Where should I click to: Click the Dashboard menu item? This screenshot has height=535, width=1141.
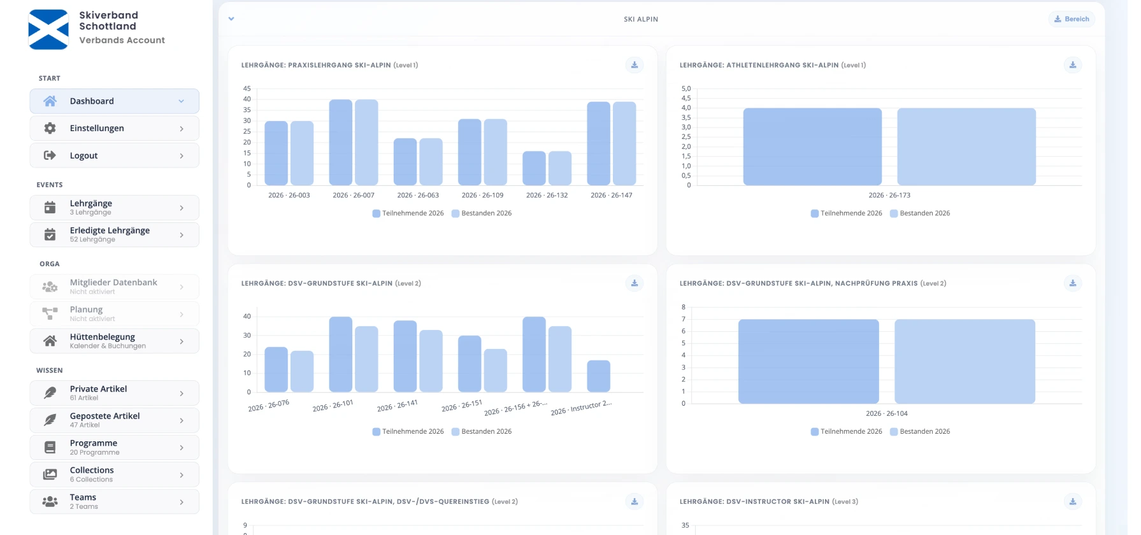click(x=114, y=101)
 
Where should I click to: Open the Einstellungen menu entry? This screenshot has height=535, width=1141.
click(x=114, y=128)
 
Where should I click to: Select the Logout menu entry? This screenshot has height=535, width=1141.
click(x=114, y=155)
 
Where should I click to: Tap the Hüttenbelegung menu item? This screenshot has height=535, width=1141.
click(x=114, y=341)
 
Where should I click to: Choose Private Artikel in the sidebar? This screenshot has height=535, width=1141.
click(x=114, y=393)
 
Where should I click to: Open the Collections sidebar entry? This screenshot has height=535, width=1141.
click(x=114, y=474)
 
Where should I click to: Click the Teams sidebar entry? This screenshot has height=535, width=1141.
click(x=114, y=501)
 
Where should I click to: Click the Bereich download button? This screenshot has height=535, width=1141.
click(x=1072, y=19)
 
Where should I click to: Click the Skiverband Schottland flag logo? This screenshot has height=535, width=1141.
click(x=48, y=29)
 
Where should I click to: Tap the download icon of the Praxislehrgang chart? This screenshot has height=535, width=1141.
click(x=635, y=65)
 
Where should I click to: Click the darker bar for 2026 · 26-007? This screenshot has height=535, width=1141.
click(x=341, y=143)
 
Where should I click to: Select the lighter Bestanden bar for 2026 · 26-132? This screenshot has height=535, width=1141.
click(x=560, y=168)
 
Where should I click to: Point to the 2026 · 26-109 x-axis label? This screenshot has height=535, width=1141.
click(x=483, y=196)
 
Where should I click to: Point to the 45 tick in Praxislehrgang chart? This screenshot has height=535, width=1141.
click(x=247, y=89)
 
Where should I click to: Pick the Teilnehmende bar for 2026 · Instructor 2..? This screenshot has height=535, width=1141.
click(x=599, y=376)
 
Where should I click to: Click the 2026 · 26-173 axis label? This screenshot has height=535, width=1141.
click(x=889, y=196)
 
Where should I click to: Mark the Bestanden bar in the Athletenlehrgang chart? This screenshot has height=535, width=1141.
click(x=966, y=147)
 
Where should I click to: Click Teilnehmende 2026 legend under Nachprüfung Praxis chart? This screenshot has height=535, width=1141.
click(x=847, y=432)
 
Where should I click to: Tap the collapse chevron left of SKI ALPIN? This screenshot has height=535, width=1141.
click(x=231, y=19)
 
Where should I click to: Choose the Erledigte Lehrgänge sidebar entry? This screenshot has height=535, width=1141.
click(x=114, y=234)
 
